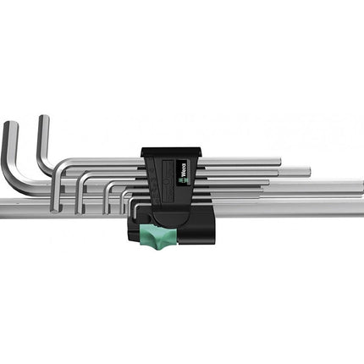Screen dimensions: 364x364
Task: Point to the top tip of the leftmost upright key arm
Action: [11, 123]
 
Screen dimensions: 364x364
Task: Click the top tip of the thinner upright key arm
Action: [44, 116]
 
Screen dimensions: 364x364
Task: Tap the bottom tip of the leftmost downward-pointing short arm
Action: [56, 210]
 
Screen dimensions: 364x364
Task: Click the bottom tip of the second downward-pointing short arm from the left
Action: [80, 212]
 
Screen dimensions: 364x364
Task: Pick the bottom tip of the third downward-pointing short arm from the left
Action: [106, 212]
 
